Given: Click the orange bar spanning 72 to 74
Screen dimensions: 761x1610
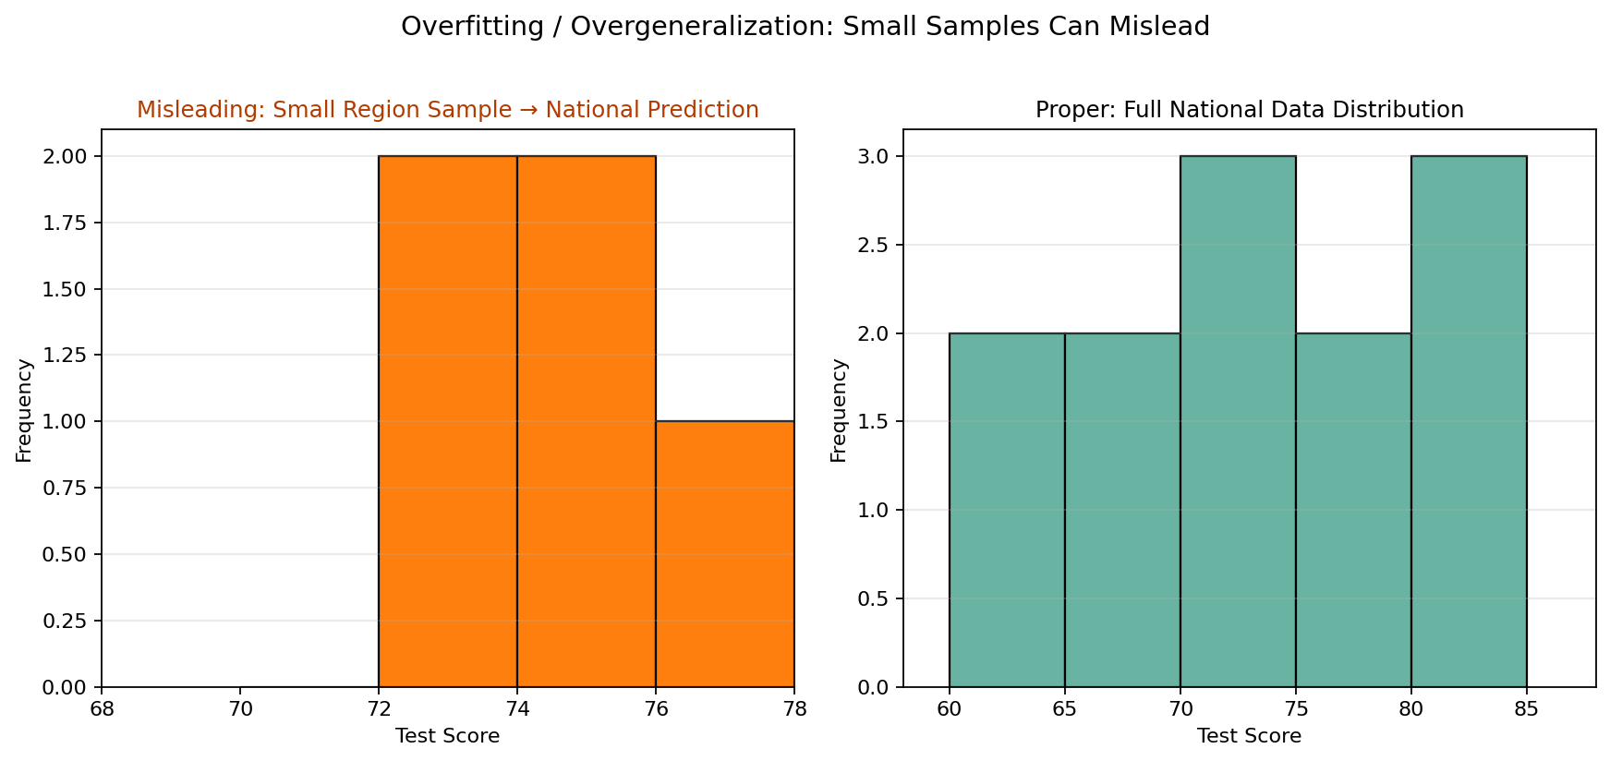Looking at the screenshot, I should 448,421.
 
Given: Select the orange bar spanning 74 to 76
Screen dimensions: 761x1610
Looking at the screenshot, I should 587,421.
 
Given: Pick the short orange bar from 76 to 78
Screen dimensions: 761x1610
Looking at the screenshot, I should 725,554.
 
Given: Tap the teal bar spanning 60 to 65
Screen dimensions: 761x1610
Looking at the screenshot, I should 1007,510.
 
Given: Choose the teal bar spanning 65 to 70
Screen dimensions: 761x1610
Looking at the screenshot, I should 1122,510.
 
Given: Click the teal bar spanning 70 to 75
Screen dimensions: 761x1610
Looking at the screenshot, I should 1238,421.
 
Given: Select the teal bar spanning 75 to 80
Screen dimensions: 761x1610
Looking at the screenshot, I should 1353,510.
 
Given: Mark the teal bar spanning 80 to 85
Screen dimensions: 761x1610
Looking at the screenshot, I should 1469,421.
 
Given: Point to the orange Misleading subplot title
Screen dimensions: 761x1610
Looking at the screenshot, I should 448,110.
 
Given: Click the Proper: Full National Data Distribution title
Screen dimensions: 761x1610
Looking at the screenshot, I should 1249,110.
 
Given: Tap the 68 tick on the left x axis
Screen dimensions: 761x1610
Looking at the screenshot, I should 102,709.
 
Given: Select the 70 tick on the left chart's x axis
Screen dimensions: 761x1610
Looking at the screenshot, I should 240,709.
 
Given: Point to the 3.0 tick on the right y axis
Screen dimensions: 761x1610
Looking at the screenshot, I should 874,156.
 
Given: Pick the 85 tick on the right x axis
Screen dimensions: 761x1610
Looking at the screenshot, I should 1526,709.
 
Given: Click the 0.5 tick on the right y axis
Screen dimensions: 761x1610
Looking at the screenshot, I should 874,598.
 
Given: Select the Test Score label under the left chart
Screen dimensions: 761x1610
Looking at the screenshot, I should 448,736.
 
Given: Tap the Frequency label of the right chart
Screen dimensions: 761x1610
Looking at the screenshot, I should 839,410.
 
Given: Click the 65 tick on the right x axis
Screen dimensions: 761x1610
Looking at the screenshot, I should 1064,709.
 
